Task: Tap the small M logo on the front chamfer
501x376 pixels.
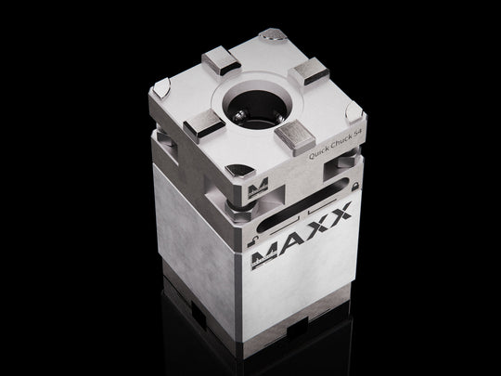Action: point(257,188)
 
